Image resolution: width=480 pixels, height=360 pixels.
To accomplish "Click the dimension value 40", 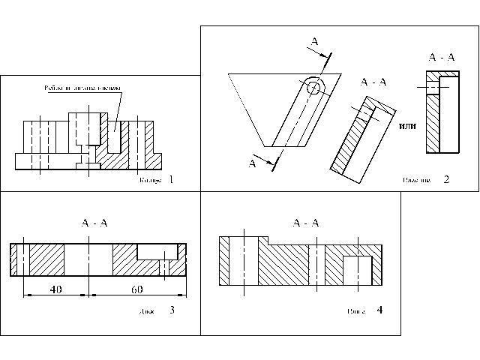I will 55,289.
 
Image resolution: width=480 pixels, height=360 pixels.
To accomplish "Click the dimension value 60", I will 137,289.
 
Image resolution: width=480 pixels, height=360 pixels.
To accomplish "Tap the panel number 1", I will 172,179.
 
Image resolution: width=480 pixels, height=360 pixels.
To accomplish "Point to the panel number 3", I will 172,310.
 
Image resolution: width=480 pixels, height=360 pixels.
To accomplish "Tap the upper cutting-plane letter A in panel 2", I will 315,43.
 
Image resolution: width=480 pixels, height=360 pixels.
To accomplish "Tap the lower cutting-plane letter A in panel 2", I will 252,163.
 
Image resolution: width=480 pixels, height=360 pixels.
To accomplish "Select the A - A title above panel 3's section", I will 94,223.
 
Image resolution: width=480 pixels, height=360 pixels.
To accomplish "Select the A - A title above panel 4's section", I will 306,223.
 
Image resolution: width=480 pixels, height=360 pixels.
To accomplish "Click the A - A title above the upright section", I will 440,57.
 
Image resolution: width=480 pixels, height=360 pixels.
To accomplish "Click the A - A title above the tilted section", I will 373,82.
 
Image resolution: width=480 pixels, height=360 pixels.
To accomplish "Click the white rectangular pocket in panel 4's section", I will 358,269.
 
